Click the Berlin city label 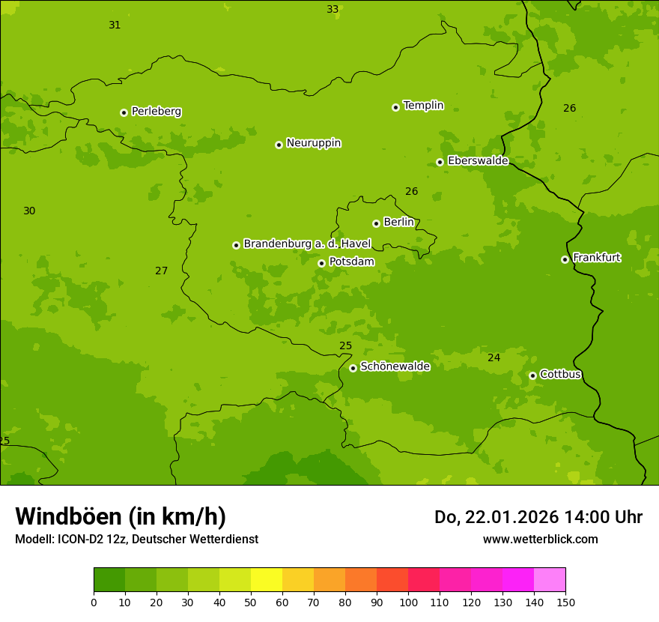click(398, 223)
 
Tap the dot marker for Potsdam click(321, 263)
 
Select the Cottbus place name click(560, 375)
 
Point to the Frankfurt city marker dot click(565, 259)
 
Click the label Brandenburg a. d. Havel click(307, 244)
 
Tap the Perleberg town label click(156, 112)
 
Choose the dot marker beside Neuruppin click(279, 145)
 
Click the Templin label click(423, 106)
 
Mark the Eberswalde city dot click(440, 162)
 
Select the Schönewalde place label click(395, 366)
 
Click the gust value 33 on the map click(332, 10)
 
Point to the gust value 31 click(115, 25)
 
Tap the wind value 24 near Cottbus click(494, 358)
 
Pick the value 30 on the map click(29, 211)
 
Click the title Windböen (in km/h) click(121, 516)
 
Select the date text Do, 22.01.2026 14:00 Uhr click(538, 517)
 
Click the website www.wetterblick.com click(540, 540)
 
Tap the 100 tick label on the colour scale click(408, 603)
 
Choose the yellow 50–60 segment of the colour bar click(267, 580)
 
